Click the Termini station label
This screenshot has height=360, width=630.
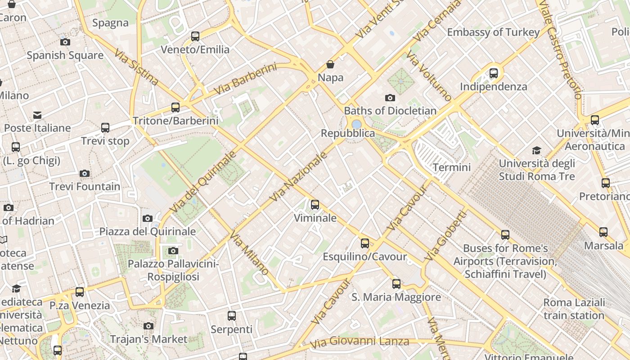[451, 167]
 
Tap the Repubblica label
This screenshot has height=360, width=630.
[348, 133]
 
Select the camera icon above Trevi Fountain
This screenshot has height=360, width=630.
[84, 173]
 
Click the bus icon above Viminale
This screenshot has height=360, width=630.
[315, 205]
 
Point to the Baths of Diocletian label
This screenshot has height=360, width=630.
[390, 111]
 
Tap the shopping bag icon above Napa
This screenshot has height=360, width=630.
[330, 64]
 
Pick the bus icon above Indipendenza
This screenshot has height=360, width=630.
[494, 73]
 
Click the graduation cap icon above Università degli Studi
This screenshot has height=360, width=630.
[536, 150]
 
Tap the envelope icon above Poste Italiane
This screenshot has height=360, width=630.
[37, 115]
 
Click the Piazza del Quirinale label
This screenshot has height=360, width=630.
[148, 231]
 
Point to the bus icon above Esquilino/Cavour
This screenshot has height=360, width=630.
[365, 243]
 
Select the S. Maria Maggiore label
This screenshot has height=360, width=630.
[396, 297]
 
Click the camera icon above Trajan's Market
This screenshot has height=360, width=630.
[148, 326]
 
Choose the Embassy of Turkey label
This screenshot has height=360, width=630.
[493, 32]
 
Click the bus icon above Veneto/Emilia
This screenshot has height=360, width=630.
[195, 36]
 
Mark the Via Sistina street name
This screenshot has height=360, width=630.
[136, 67]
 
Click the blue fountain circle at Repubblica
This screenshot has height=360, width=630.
[356, 124]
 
